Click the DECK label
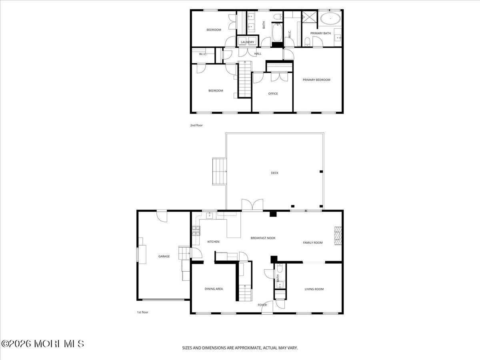tap(274, 173)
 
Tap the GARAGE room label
tap(164, 256)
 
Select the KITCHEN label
tap(213, 242)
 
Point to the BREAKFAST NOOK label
tap(263, 238)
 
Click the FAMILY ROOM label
tap(312, 242)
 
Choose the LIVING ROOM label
tap(314, 289)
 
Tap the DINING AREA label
tap(214, 289)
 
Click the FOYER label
tap(262, 305)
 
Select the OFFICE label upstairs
tap(273, 94)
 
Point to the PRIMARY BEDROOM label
tap(316, 80)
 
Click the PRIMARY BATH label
tap(320, 33)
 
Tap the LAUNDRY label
tap(248, 42)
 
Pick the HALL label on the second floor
tap(258, 54)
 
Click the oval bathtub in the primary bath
tap(330, 18)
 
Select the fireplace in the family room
tap(338, 236)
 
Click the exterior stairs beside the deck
tap(219, 171)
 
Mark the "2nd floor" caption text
tap(196, 125)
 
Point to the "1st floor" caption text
tap(142, 312)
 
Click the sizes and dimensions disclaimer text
tap(240, 348)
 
